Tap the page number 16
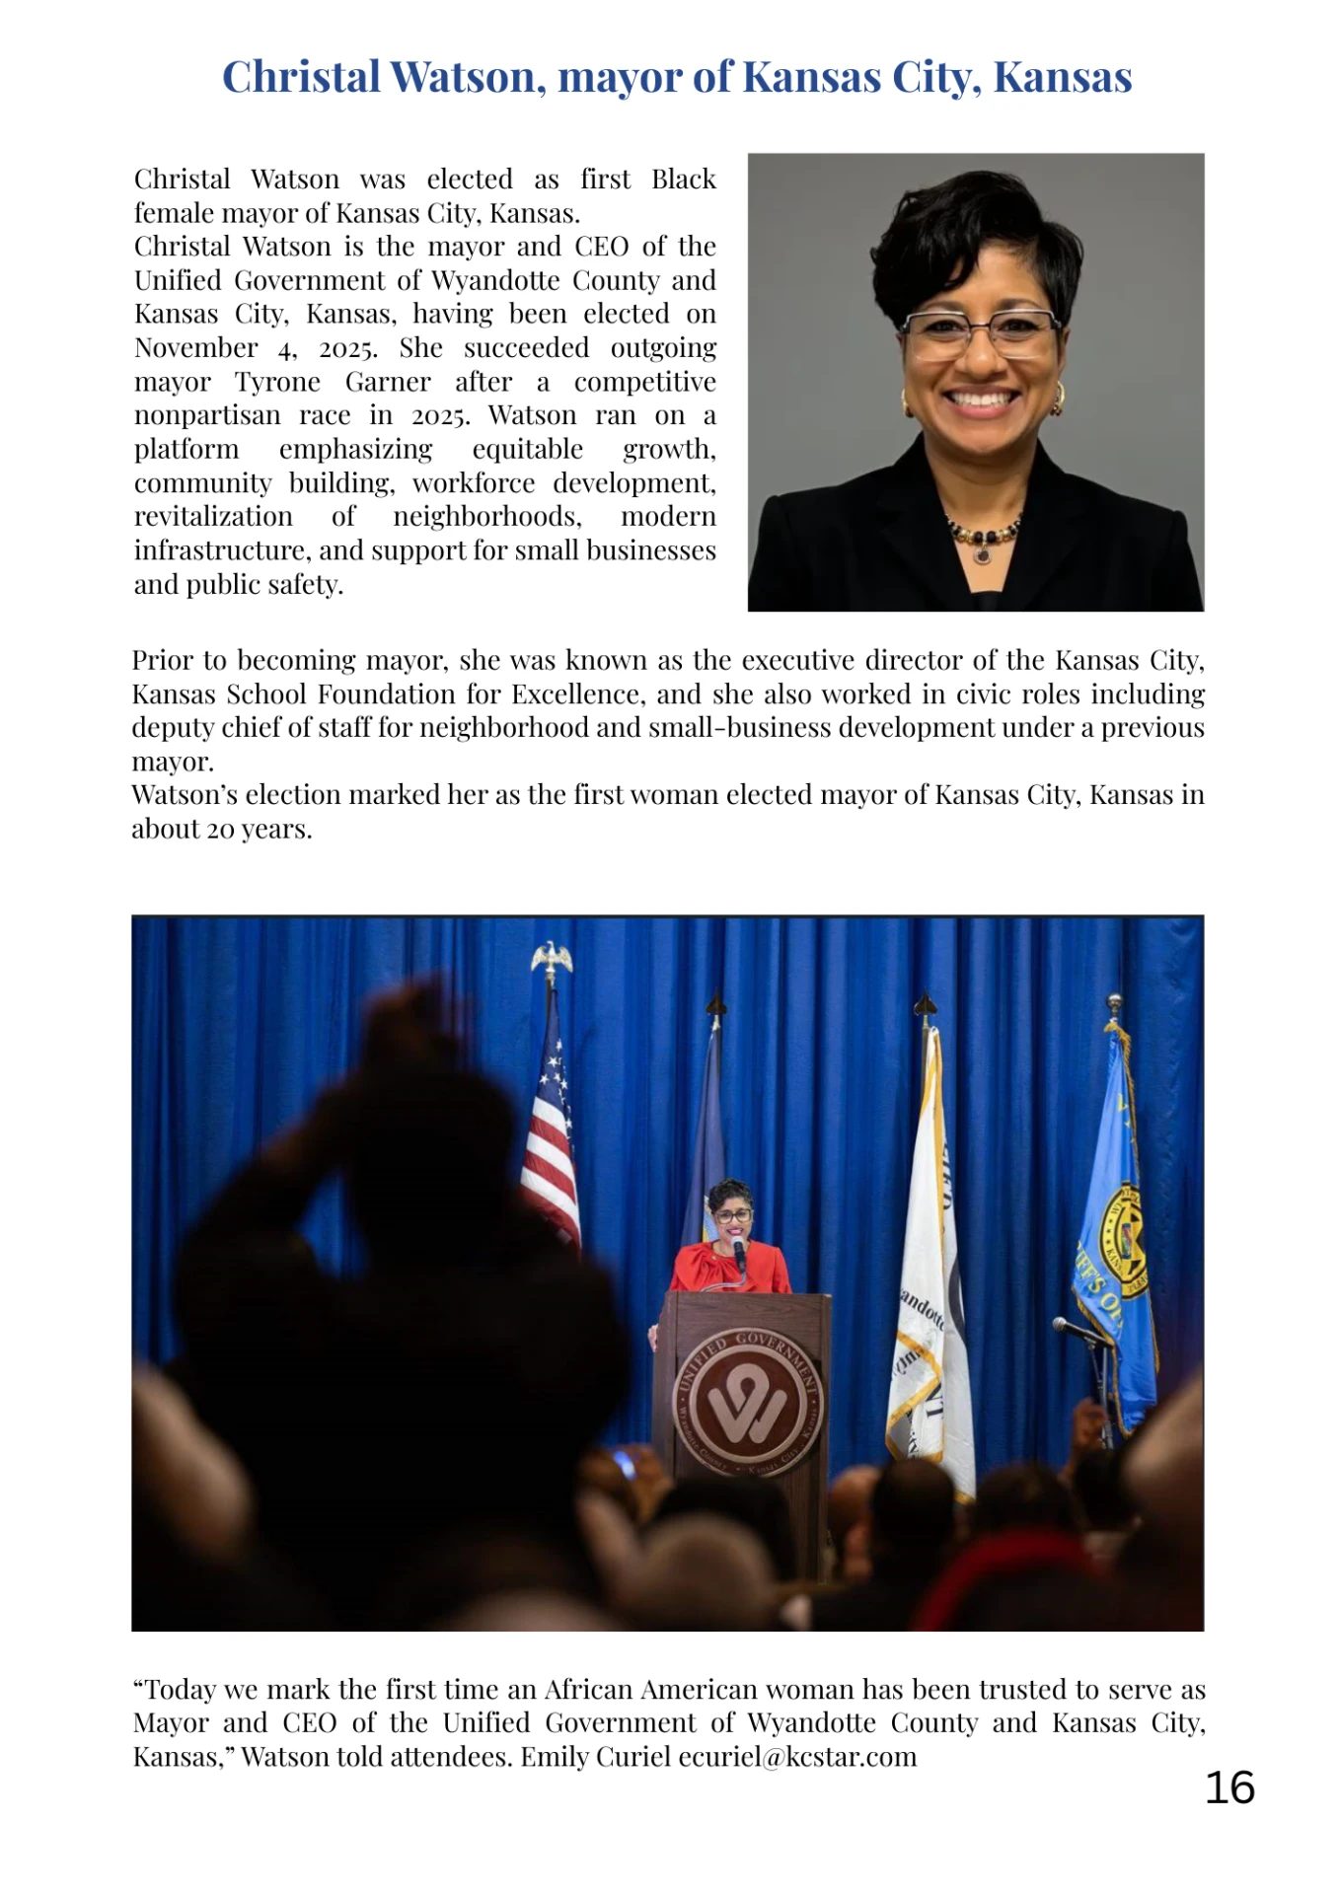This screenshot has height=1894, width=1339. tap(1229, 1787)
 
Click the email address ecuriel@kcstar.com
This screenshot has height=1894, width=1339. tap(797, 1757)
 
